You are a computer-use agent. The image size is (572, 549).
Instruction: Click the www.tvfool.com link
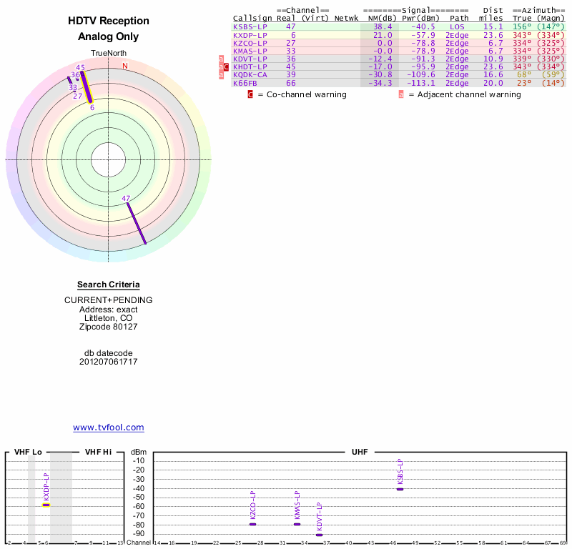coord(109,427)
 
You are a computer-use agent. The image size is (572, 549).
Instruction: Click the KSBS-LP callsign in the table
coord(250,26)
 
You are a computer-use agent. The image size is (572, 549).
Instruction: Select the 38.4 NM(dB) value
coord(385,26)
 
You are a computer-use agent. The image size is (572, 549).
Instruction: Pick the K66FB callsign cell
coord(245,82)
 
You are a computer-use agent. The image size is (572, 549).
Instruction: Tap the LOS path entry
coord(457,26)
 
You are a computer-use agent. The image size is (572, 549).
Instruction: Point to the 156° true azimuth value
coord(521,26)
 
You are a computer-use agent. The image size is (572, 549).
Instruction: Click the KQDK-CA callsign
coord(250,74)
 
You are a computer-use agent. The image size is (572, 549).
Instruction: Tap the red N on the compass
coord(125,66)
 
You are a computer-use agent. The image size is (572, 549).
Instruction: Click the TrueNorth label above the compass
coord(109,53)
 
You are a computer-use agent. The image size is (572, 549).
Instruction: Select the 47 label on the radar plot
coord(126,198)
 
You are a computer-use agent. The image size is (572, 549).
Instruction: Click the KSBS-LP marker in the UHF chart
coord(400,489)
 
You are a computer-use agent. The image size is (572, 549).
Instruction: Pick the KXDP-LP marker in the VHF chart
coord(46,505)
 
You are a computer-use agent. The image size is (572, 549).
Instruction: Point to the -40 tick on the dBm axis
coord(139,488)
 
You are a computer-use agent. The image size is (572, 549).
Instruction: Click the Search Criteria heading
coord(109,285)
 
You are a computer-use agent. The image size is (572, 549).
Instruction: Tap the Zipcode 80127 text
coord(109,327)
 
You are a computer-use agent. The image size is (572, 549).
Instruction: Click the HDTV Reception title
coord(109,21)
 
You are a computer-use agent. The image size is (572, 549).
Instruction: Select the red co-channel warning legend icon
coord(250,94)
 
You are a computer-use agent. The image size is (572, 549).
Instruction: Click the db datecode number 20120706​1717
coord(109,362)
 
